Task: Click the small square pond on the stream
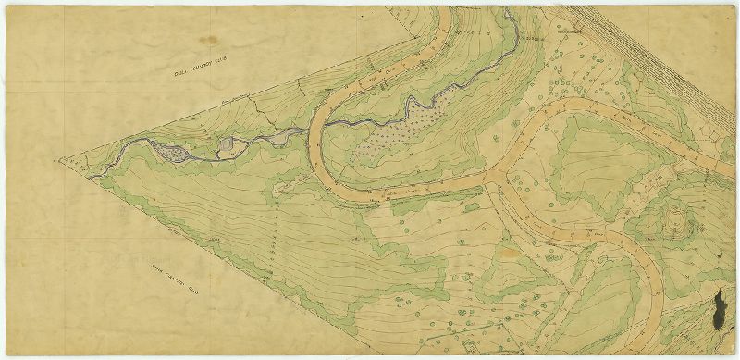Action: click(x=228, y=144)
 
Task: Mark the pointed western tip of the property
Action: click(x=63, y=162)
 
